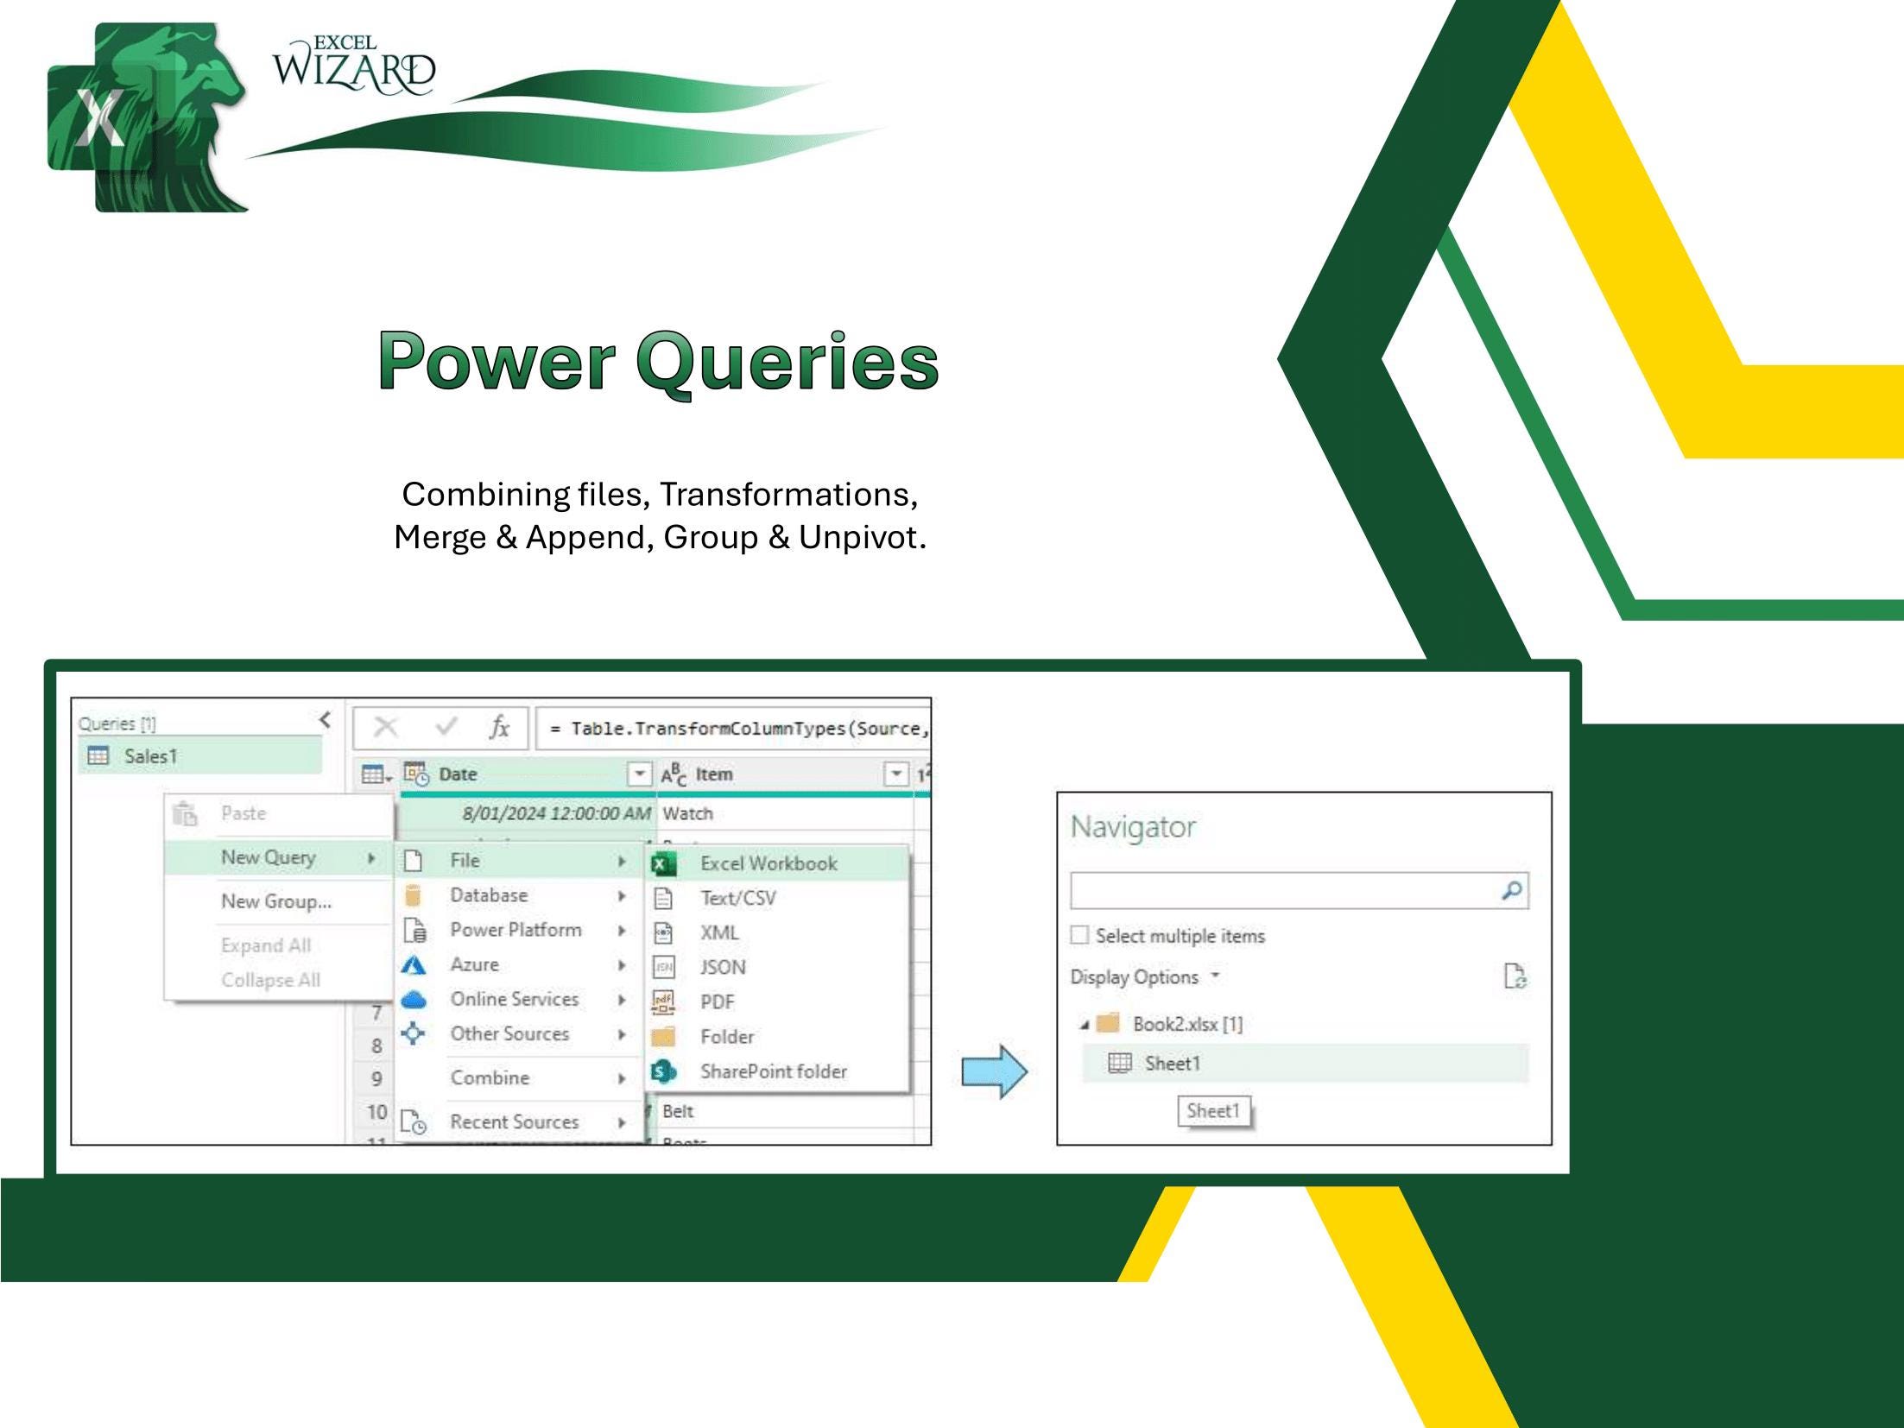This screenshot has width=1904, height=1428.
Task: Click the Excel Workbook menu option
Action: click(768, 863)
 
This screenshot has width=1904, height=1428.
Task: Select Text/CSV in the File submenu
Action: click(737, 898)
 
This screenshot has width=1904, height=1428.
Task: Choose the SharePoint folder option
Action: click(773, 1071)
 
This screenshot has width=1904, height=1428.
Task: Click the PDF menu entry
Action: click(717, 1002)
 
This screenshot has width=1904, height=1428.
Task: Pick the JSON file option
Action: click(723, 967)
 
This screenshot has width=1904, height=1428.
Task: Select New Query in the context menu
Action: click(269, 857)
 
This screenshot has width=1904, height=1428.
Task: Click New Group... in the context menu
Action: click(275, 901)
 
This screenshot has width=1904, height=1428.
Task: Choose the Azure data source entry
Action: click(474, 964)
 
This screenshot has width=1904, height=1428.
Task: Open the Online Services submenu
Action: click(514, 999)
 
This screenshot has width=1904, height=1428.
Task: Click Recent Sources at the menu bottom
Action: click(514, 1122)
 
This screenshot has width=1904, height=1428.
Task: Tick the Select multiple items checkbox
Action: click(1079, 935)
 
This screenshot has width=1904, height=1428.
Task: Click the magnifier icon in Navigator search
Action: click(1511, 890)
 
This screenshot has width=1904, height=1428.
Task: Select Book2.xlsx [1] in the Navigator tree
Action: click(1187, 1024)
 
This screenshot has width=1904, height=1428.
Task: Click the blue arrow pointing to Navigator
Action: click(995, 1071)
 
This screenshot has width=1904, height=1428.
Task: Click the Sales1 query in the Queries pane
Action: click(150, 756)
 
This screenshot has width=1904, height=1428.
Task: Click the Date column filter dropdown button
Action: click(639, 774)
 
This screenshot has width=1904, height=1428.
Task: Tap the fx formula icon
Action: click(499, 728)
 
